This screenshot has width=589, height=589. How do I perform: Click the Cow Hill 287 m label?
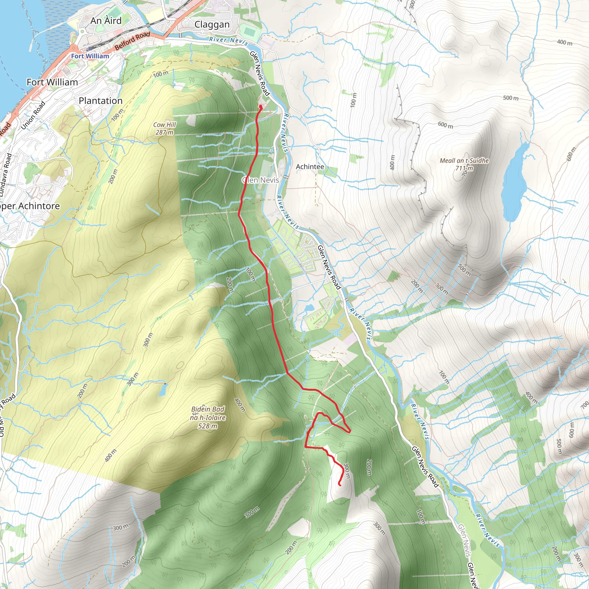tap(165, 128)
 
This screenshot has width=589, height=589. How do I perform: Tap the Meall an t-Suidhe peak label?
tap(464, 164)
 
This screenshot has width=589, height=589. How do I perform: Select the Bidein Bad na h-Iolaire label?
tap(208, 417)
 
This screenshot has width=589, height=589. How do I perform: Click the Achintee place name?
tap(310, 167)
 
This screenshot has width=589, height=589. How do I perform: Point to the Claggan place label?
tap(212, 24)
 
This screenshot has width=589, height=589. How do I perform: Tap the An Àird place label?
tap(106, 21)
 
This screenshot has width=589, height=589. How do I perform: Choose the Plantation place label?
tap(101, 101)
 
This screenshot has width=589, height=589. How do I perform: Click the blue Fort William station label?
tap(90, 56)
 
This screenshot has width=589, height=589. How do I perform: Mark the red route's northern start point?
tap(261, 107)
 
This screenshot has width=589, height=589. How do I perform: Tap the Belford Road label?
tap(133, 41)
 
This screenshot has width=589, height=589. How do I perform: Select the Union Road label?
tap(33, 115)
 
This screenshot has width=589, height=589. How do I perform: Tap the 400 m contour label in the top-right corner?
tap(564, 42)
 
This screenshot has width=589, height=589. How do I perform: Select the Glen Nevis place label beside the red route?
tap(261, 180)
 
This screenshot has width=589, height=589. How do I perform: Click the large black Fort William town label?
tap(52, 82)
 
